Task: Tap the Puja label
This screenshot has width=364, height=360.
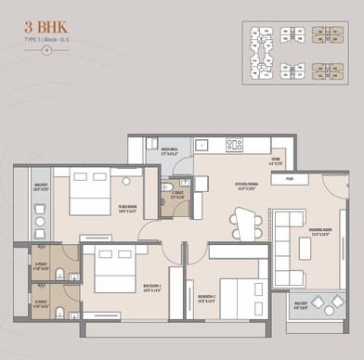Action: tap(290, 177)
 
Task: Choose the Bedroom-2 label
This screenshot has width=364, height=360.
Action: tap(206, 299)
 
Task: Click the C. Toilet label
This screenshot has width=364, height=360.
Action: tap(177, 196)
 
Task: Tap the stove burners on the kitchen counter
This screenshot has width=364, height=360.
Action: tap(234, 145)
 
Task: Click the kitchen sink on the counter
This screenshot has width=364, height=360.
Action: tap(201, 145)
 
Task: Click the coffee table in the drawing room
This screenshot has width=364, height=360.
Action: tap(305, 248)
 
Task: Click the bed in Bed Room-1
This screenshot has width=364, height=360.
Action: tap(114, 272)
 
